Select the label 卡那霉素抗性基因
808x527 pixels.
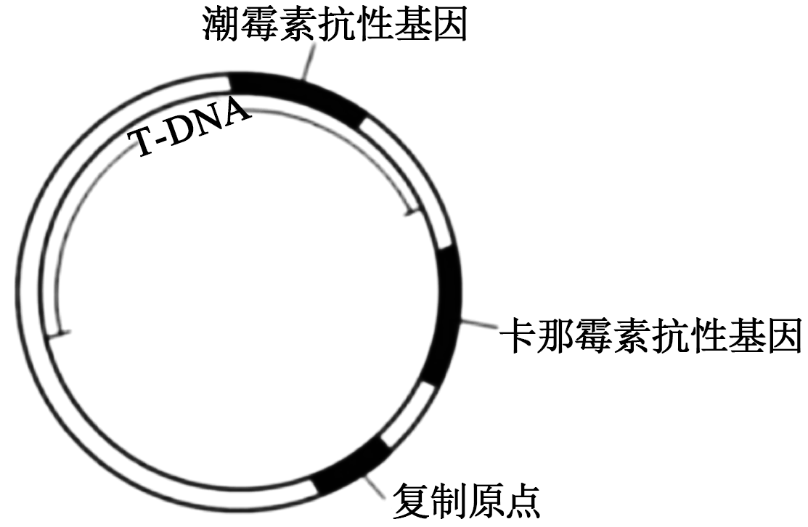[x=650, y=335]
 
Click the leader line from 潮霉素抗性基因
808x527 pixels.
[x=308, y=61]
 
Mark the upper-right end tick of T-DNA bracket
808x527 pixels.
[x=411, y=213]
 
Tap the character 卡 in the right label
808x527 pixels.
[x=518, y=335]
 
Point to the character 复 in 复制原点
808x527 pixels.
[x=411, y=500]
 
